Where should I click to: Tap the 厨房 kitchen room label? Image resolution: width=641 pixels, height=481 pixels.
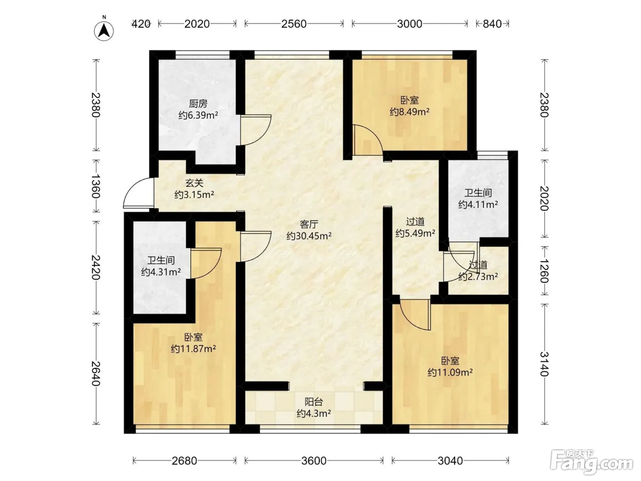click(x=198, y=104)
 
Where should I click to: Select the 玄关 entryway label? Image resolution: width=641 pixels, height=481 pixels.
click(x=194, y=183)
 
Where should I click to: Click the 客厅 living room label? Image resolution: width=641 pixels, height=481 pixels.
click(x=309, y=224)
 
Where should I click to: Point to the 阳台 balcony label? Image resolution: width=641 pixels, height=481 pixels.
click(x=314, y=402)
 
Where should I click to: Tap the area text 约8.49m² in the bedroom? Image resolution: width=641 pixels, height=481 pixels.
click(x=409, y=112)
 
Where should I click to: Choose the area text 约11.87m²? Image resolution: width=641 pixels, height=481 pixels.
click(x=193, y=349)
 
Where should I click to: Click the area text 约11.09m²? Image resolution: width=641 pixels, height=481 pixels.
click(x=450, y=372)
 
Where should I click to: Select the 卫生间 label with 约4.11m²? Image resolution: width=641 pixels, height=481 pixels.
click(x=478, y=193)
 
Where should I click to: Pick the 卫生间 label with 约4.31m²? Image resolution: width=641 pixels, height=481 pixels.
click(x=161, y=260)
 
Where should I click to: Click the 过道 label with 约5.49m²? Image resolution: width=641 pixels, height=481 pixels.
click(x=415, y=222)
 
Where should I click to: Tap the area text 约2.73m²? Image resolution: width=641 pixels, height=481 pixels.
click(x=478, y=276)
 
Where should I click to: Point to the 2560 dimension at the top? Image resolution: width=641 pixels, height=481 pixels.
click(x=294, y=24)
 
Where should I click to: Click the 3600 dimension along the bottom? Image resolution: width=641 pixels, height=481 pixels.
click(x=314, y=460)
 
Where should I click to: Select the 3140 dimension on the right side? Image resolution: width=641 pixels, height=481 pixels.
click(x=544, y=364)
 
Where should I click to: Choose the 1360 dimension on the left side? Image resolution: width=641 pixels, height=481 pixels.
click(x=96, y=186)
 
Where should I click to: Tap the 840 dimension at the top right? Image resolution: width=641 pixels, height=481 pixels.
click(x=492, y=24)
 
